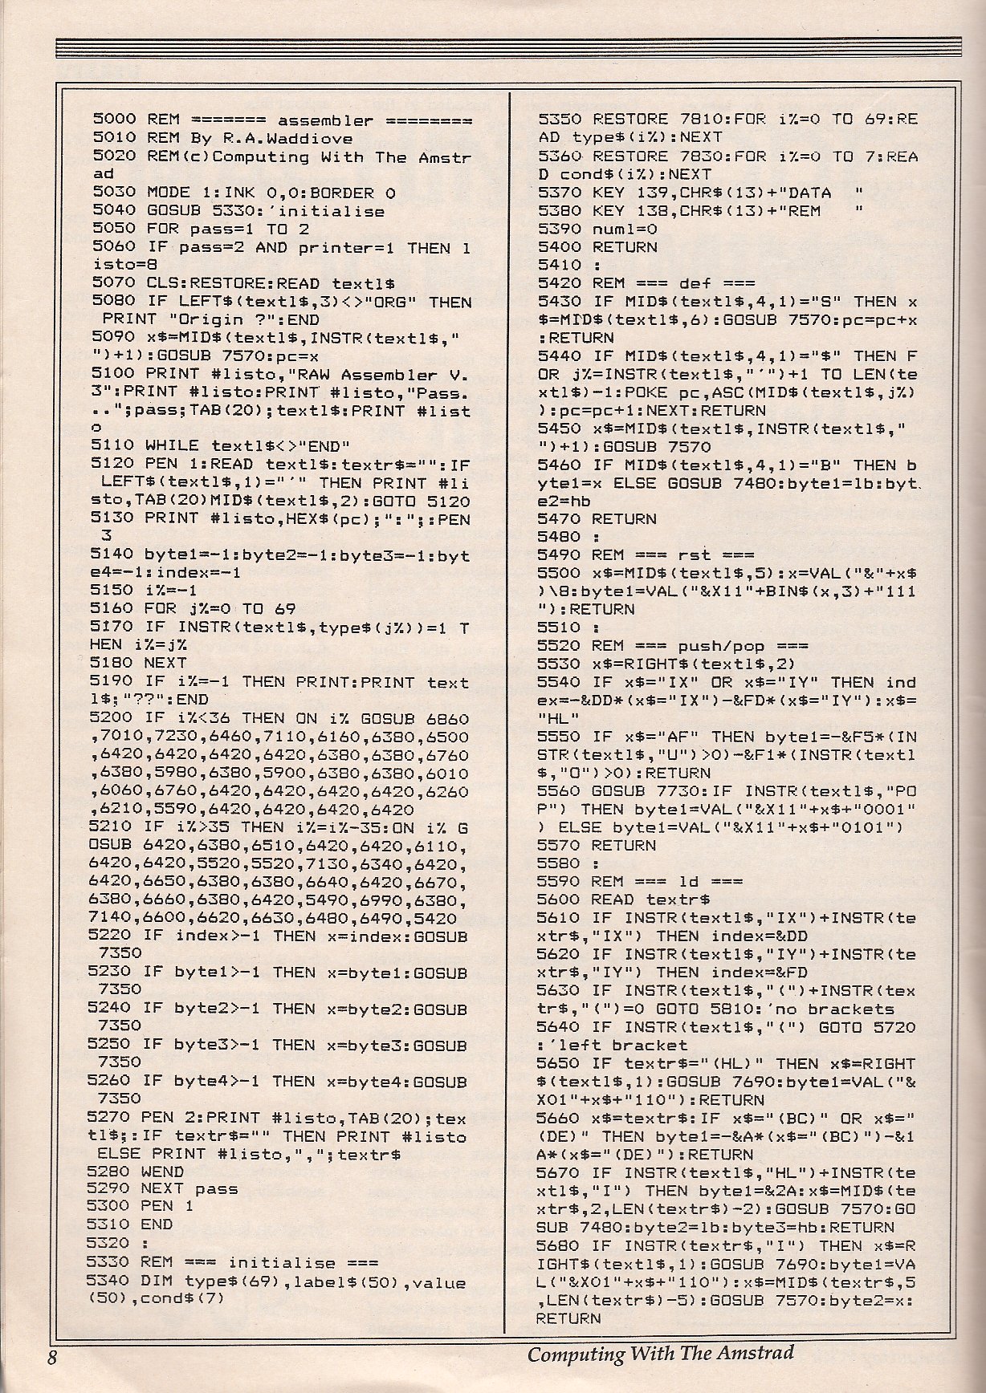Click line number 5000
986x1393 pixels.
coord(114,120)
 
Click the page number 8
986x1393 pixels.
coord(51,1357)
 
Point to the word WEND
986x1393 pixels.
coord(162,1172)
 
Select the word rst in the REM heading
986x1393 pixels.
coord(694,555)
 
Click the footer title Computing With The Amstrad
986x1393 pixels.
coord(660,1353)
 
